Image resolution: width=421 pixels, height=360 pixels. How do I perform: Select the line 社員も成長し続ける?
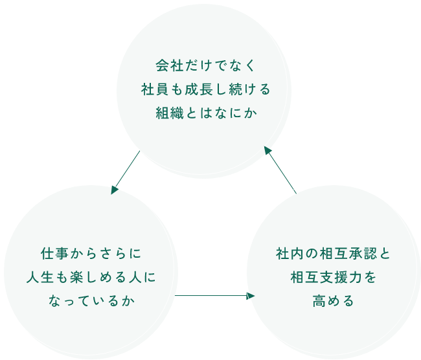[205, 89]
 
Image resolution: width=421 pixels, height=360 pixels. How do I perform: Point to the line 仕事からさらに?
[91, 253]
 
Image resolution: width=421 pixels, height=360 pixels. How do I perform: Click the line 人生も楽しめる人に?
[91, 277]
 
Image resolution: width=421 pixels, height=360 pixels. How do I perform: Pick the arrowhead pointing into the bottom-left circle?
[115, 190]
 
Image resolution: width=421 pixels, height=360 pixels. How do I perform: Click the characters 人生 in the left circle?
[41, 277]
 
